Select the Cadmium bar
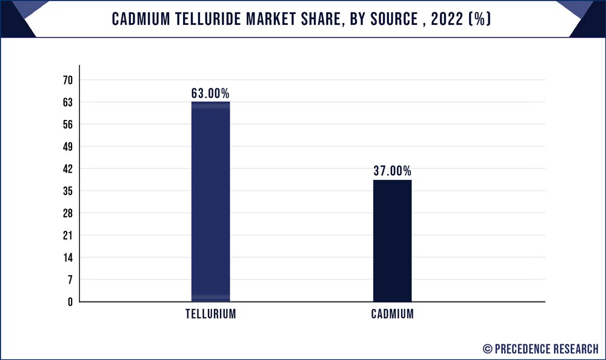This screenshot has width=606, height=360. click(x=392, y=241)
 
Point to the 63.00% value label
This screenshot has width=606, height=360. click(x=210, y=93)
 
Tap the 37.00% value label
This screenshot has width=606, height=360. click(x=392, y=172)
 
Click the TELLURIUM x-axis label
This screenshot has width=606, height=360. click(x=210, y=315)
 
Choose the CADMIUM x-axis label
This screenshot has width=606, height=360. click(x=392, y=315)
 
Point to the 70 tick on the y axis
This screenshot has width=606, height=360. click(x=67, y=80)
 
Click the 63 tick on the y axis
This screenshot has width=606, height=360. click(x=67, y=102)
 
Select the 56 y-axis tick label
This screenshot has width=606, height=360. click(x=67, y=125)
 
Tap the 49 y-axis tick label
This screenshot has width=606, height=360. click(x=67, y=147)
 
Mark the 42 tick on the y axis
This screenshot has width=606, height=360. click(x=67, y=169)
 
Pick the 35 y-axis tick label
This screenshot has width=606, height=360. click(x=67, y=191)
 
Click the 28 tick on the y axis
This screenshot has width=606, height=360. click(x=67, y=213)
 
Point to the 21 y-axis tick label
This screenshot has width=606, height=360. click(x=67, y=235)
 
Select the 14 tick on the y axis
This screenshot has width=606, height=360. click(x=67, y=258)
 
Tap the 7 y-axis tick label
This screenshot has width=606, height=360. click(x=70, y=279)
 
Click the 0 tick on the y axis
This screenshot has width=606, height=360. click(x=70, y=302)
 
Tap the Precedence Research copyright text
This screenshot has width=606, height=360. click(x=541, y=348)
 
